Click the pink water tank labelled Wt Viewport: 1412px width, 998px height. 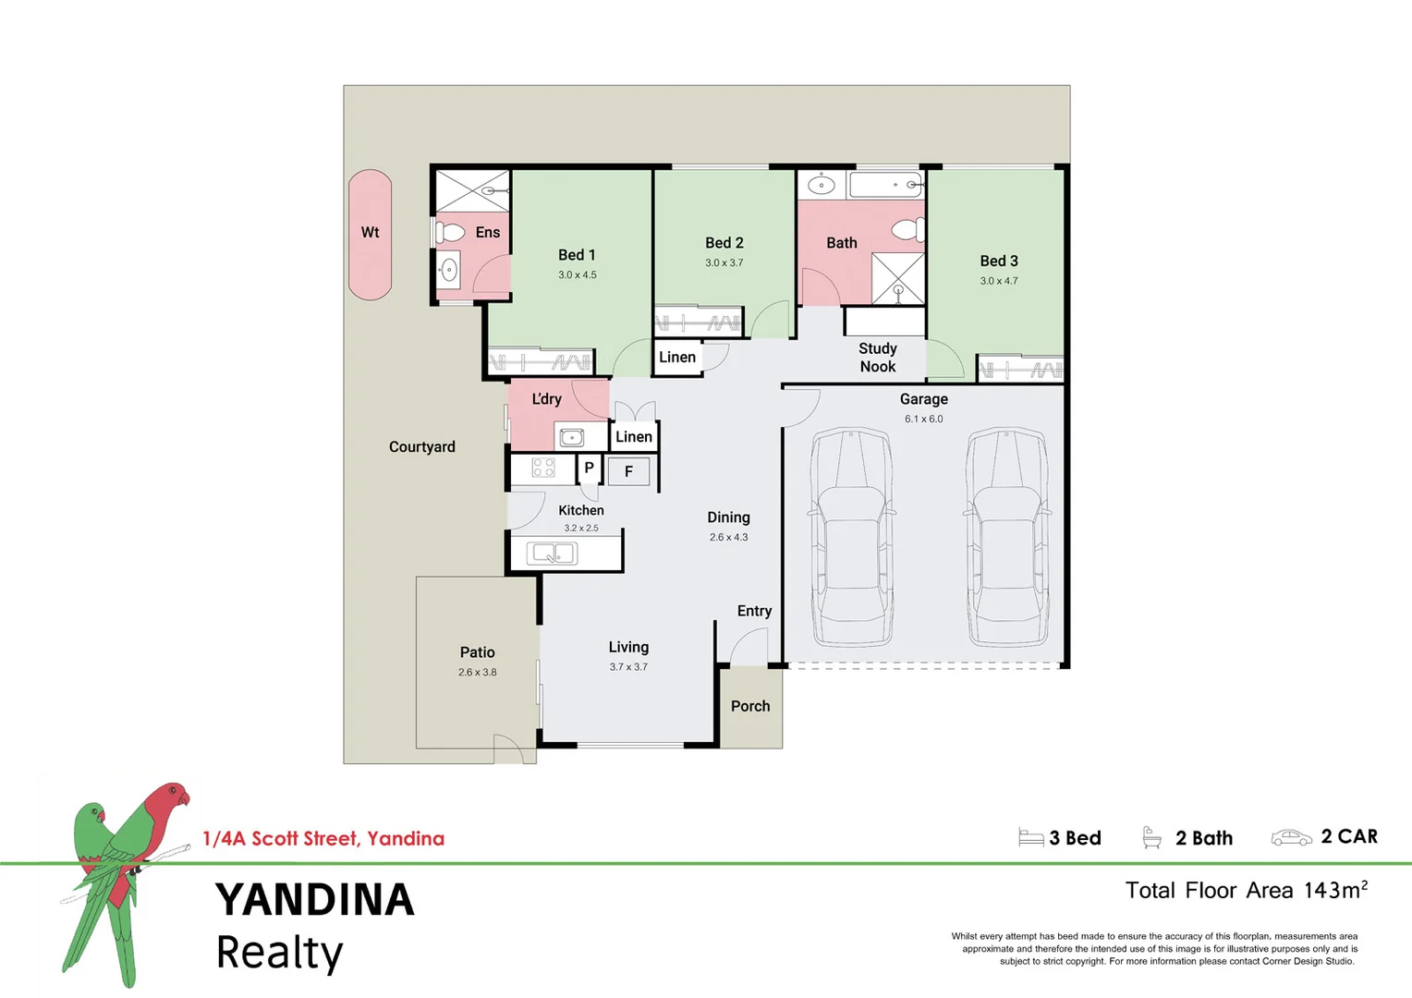pos(370,234)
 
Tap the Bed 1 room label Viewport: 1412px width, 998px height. pos(577,255)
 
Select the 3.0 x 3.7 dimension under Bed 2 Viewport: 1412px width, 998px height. pos(724,263)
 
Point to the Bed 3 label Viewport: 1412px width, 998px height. pos(999,262)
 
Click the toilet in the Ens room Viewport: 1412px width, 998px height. pos(449,232)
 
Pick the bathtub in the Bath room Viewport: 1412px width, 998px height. pos(885,185)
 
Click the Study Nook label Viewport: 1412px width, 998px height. pos(877,358)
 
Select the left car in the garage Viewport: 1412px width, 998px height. pos(851,537)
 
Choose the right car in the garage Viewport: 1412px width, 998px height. pos(1007,537)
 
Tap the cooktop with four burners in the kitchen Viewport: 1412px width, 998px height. pos(543,469)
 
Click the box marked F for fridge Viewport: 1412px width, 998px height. pos(628,471)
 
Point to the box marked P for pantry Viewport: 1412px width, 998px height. pos(589,469)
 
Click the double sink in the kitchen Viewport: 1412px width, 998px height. pos(552,554)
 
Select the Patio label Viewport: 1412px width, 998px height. pos(477,652)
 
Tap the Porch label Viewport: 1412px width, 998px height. pos(749,706)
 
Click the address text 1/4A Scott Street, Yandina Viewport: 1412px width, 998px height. pos(323,839)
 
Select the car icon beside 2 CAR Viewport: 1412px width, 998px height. pos(1291,838)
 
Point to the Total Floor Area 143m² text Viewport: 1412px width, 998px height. pos(1246,891)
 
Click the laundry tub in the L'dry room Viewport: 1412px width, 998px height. pos(572,437)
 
